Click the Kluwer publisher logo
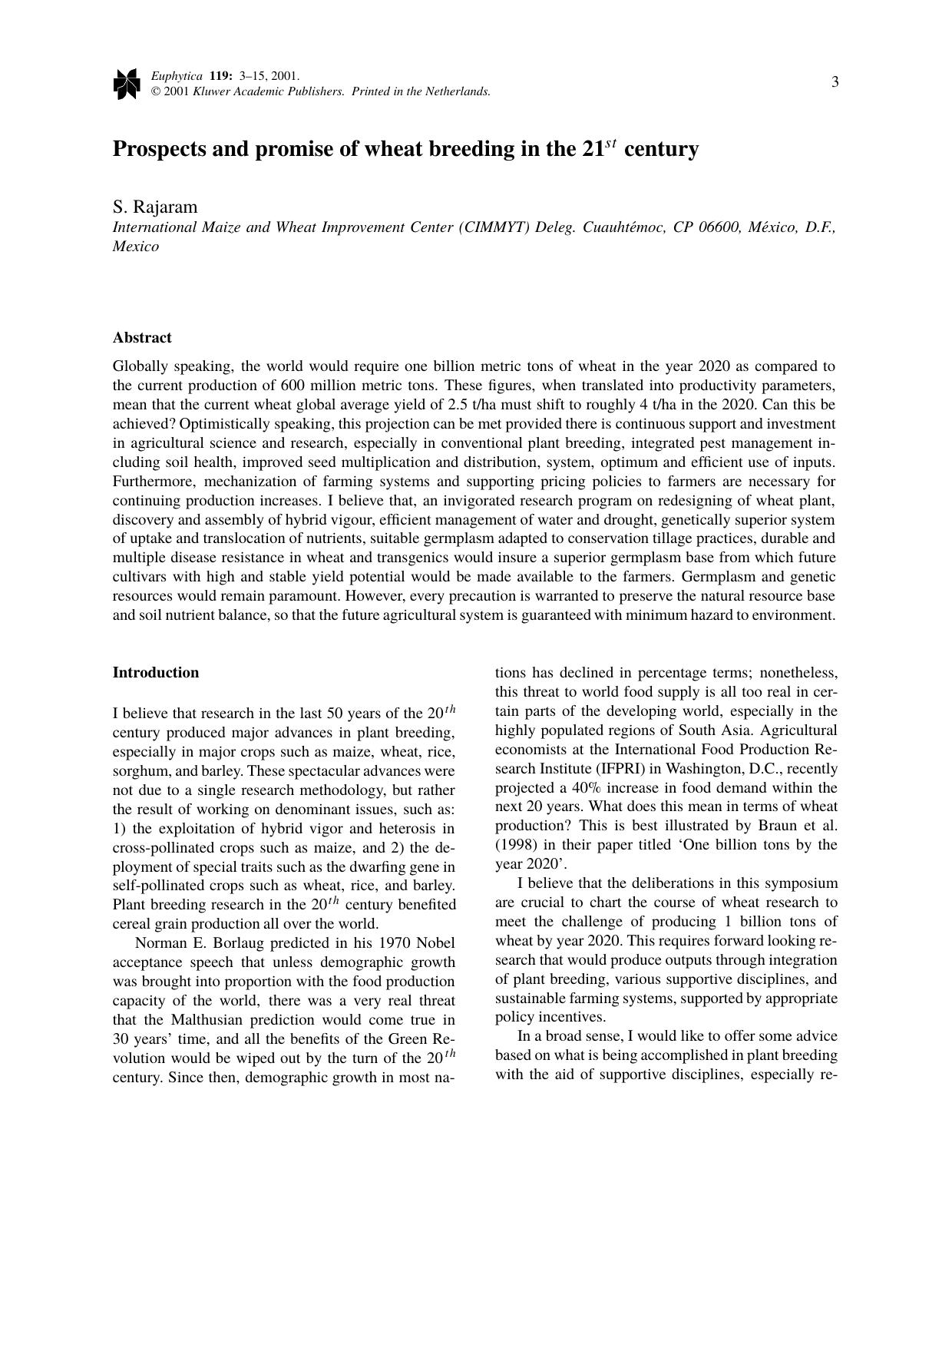(x=127, y=84)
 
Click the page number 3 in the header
(x=835, y=82)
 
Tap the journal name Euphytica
(x=177, y=76)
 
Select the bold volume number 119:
(x=221, y=76)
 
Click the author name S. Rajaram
(x=155, y=207)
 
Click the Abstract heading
(x=142, y=338)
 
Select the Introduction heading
(x=156, y=673)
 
